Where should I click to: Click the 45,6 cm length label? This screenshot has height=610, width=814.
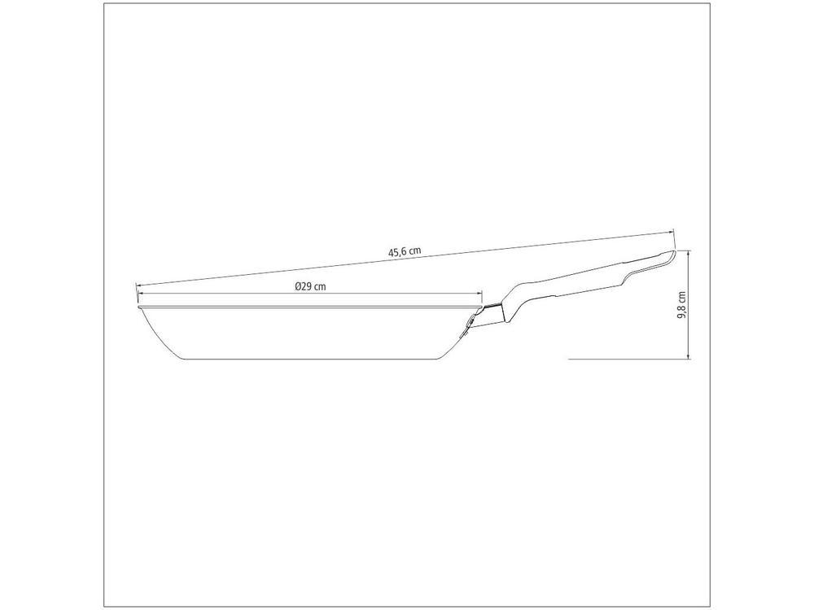pyautogui.click(x=405, y=251)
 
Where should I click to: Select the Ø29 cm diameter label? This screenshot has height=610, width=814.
pyautogui.click(x=310, y=285)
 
